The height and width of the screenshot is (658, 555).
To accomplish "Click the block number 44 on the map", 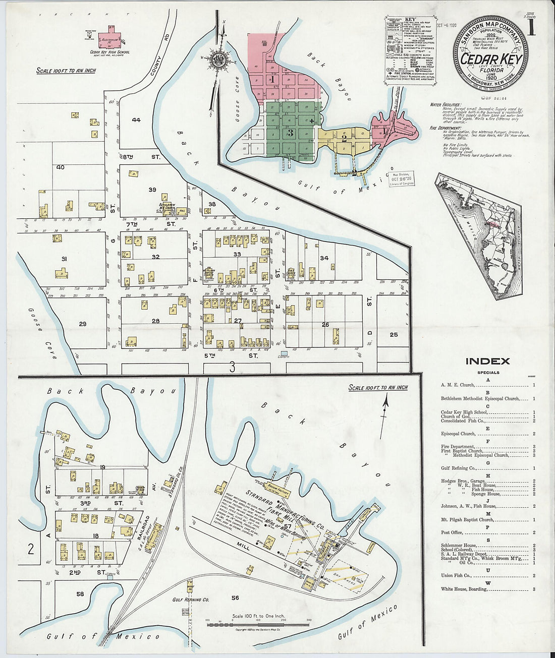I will [x=136, y=119].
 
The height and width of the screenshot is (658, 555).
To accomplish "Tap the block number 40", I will [x=61, y=167].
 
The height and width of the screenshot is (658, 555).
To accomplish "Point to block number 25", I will [x=394, y=334].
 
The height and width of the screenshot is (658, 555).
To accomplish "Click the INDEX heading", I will [x=487, y=361].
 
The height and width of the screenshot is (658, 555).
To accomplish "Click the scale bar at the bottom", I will [x=258, y=625].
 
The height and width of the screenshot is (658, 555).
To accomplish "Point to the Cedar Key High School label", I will [x=109, y=52].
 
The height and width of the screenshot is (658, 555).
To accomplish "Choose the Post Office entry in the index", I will [x=453, y=532].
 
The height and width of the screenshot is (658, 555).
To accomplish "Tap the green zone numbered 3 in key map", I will [x=290, y=133].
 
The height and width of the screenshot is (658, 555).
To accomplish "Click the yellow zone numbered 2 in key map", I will [x=344, y=138].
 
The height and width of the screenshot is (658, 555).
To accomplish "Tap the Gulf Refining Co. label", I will [x=190, y=600].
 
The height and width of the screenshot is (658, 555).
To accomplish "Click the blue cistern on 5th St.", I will [x=284, y=353].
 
